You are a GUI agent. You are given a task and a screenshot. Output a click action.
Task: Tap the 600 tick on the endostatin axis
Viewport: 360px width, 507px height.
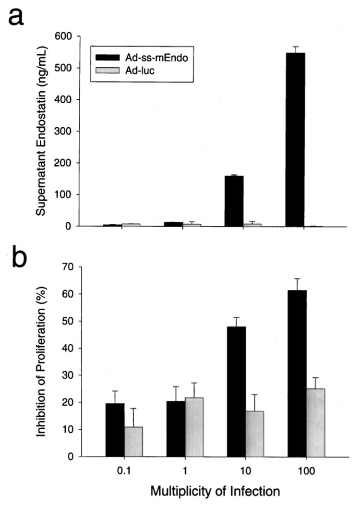(x=66, y=36)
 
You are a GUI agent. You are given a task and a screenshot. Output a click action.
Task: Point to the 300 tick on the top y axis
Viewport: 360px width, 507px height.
(x=66, y=131)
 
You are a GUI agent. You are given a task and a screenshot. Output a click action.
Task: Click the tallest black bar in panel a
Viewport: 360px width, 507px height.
(x=295, y=139)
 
